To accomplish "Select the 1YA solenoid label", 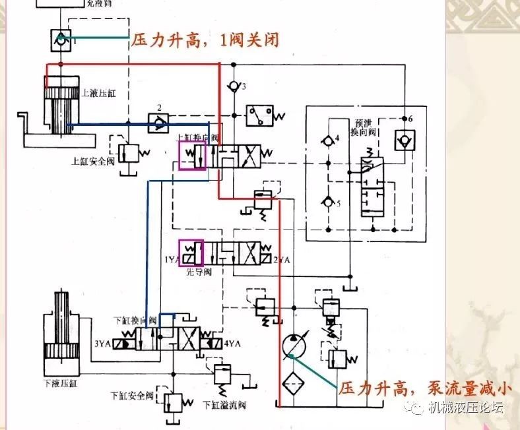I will (x=171, y=259).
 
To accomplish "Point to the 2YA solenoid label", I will (x=282, y=259).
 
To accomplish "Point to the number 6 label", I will (x=410, y=119).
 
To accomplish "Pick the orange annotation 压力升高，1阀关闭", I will (x=205, y=40).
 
